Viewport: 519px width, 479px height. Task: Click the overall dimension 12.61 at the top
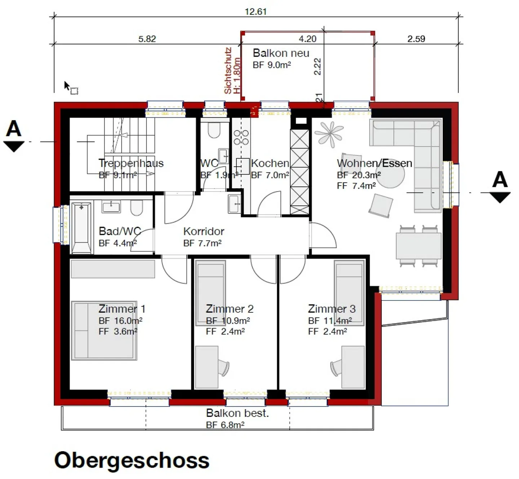pyautogui.click(x=256, y=12)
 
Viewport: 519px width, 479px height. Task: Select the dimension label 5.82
pyautogui.click(x=147, y=39)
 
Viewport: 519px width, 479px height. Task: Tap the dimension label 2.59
pyautogui.click(x=416, y=39)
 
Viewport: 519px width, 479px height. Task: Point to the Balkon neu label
pyautogui.click(x=281, y=53)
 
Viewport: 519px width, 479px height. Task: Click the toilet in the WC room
pyautogui.click(x=214, y=131)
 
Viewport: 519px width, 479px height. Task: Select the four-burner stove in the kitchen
pyautogui.click(x=241, y=137)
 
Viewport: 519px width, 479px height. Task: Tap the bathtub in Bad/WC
pyautogui.click(x=81, y=228)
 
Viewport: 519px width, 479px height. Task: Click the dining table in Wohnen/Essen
pyautogui.click(x=418, y=246)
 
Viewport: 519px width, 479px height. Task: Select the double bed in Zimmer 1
pyautogui.click(x=104, y=330)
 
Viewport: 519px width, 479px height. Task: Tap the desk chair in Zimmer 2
pyautogui.click(x=223, y=368)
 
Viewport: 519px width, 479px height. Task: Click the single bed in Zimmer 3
pyautogui.click(x=349, y=293)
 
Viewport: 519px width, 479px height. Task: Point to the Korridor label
pyautogui.click(x=204, y=231)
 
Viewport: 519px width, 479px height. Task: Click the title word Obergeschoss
pyautogui.click(x=132, y=460)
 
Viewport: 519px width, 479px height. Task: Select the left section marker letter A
pyautogui.click(x=14, y=129)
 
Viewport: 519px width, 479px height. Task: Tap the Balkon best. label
pyautogui.click(x=237, y=413)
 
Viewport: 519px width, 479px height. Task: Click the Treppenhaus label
pyautogui.click(x=131, y=163)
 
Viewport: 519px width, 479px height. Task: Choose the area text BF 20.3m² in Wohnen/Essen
pyautogui.click(x=359, y=175)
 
